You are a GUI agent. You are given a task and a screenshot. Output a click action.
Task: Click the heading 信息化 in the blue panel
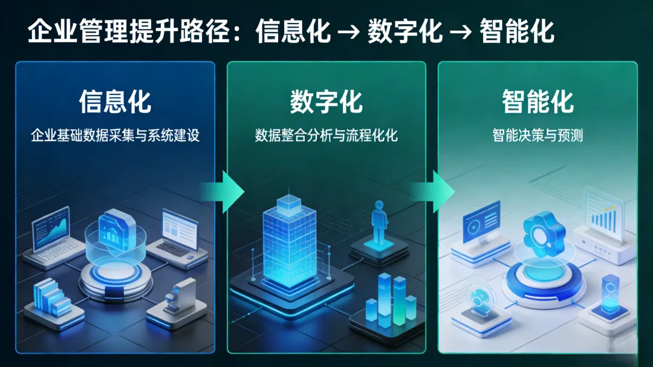tap(115, 102)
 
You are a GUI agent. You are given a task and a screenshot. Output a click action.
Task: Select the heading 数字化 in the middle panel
tap(326, 102)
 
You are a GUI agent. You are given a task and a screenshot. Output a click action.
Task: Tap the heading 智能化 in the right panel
tap(538, 102)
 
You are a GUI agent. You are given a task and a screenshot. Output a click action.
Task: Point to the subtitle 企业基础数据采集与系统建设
tap(115, 135)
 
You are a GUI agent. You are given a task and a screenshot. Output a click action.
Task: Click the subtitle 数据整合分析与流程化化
tap(326, 135)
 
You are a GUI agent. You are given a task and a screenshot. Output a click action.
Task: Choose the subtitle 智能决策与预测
tap(538, 135)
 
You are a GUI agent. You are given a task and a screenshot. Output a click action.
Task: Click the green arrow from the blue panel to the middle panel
tap(224, 192)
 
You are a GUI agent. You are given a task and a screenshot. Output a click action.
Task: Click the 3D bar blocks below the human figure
tap(391, 302)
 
